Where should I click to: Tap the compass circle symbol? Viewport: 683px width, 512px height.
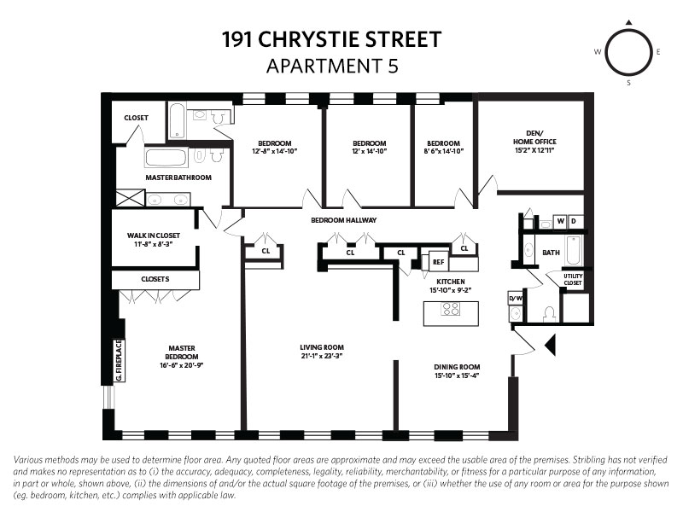point(628,52)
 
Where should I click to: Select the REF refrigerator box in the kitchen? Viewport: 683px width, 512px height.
point(438,263)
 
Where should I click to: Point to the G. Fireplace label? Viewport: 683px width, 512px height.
point(120,359)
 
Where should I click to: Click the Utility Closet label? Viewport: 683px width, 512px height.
point(572,278)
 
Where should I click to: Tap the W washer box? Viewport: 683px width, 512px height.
point(561,222)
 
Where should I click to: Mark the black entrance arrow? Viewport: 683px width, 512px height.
point(550,345)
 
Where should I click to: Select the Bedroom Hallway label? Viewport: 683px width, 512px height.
point(343,220)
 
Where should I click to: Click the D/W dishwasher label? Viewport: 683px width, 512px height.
point(516,298)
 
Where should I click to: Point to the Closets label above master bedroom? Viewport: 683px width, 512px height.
point(155,279)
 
